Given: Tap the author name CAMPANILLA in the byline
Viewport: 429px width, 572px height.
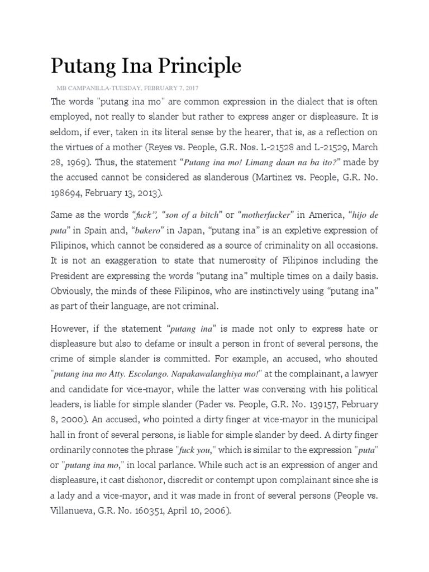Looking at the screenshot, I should point(91,88).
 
